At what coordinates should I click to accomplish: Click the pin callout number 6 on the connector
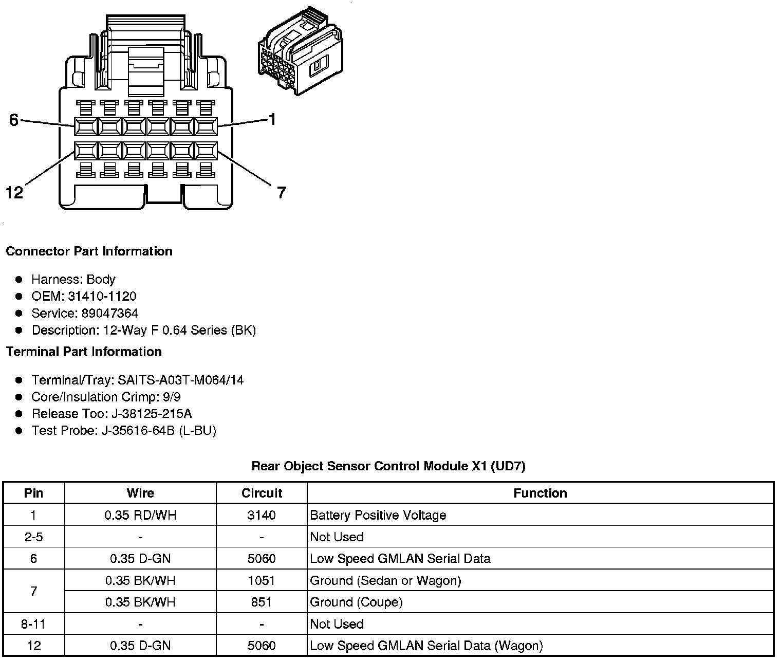pyautogui.click(x=14, y=120)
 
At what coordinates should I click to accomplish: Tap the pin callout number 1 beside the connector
pyautogui.click(x=272, y=119)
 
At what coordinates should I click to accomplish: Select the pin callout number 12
pyautogui.click(x=14, y=193)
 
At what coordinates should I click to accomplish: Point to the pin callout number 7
pyautogui.click(x=281, y=193)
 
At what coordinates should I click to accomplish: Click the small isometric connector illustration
pyautogui.click(x=300, y=52)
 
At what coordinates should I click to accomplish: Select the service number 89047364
pyautogui.click(x=110, y=313)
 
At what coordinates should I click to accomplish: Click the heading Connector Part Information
pyautogui.click(x=89, y=251)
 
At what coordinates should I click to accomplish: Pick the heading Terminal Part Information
pyautogui.click(x=84, y=352)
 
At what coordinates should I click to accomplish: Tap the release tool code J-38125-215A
pyautogui.click(x=152, y=414)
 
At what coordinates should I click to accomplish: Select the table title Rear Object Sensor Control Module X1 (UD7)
pyautogui.click(x=388, y=466)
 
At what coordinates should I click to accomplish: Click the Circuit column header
pyautogui.click(x=262, y=493)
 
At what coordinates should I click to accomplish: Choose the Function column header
pyautogui.click(x=540, y=493)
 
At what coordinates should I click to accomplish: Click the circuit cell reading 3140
pyautogui.click(x=262, y=515)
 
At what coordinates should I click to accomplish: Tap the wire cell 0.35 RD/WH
pyautogui.click(x=140, y=515)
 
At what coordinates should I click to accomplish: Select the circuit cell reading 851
pyautogui.click(x=262, y=602)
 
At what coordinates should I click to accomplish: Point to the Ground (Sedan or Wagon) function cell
pyautogui.click(x=385, y=580)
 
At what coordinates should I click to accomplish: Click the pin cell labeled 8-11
pyautogui.click(x=34, y=624)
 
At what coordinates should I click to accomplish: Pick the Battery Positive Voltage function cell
pyautogui.click(x=378, y=515)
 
